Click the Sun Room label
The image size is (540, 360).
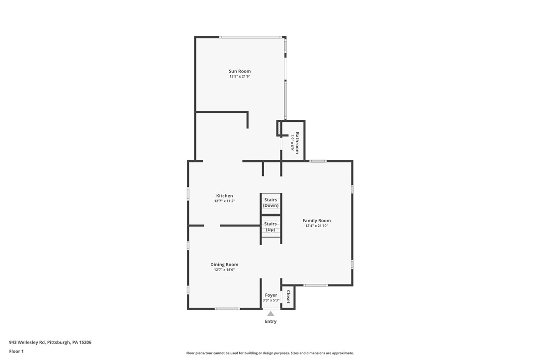click(240, 71)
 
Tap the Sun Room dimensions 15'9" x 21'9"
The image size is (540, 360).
click(240, 77)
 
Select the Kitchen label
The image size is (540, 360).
click(224, 196)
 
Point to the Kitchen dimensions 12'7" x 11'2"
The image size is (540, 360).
click(224, 201)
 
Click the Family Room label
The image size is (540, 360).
click(317, 220)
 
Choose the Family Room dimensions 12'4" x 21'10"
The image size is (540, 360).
click(317, 226)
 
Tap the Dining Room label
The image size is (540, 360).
click(224, 265)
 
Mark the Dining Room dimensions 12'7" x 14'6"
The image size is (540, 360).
click(224, 270)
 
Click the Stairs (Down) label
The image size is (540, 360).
click(271, 202)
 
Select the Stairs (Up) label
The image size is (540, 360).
click(271, 226)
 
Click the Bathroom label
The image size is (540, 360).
click(297, 143)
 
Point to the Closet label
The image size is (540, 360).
click(288, 297)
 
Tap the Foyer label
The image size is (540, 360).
click(271, 295)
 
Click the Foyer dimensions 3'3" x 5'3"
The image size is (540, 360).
click(271, 300)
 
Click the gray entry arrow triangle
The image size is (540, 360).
click(270, 314)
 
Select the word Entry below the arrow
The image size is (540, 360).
click(270, 321)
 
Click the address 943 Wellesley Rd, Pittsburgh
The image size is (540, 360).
click(50, 342)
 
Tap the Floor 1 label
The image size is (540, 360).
click(16, 351)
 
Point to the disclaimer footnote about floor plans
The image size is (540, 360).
click(270, 353)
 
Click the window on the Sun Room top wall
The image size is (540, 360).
click(251, 37)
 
